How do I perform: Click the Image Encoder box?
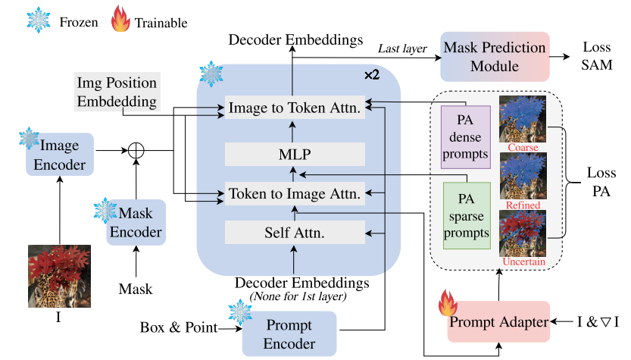[x=60, y=155]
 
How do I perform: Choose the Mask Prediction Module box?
[x=494, y=57]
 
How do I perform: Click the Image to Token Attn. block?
[x=294, y=108]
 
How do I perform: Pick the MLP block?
[x=294, y=154]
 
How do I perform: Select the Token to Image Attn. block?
[x=294, y=193]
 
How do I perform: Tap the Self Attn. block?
[x=294, y=232]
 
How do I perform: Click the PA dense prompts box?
[x=466, y=136]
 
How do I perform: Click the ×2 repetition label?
[x=371, y=75]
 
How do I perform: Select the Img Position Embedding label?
[x=117, y=90]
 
